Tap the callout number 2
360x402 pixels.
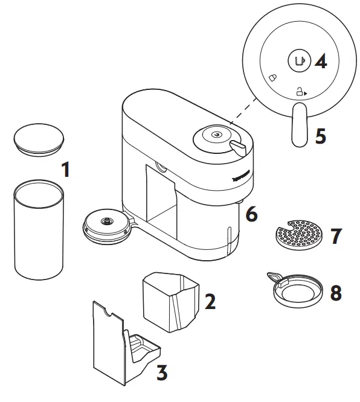[209, 301]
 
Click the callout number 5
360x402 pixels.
[321, 135]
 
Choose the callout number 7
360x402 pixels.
[336, 235]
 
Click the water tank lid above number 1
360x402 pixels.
[38, 138]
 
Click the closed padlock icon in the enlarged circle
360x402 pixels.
[272, 78]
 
